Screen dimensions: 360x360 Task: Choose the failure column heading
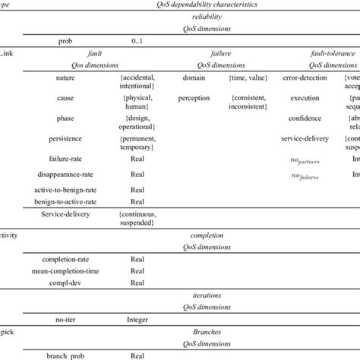pyautogui.click(x=221, y=55)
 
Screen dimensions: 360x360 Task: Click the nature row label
pyautogui.click(x=71, y=77)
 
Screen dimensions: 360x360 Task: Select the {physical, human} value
pyautogui.click(x=137, y=103)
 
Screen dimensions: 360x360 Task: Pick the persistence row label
pyautogui.click(x=71, y=140)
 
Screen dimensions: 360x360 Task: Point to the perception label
pyautogui.click(x=194, y=98)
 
